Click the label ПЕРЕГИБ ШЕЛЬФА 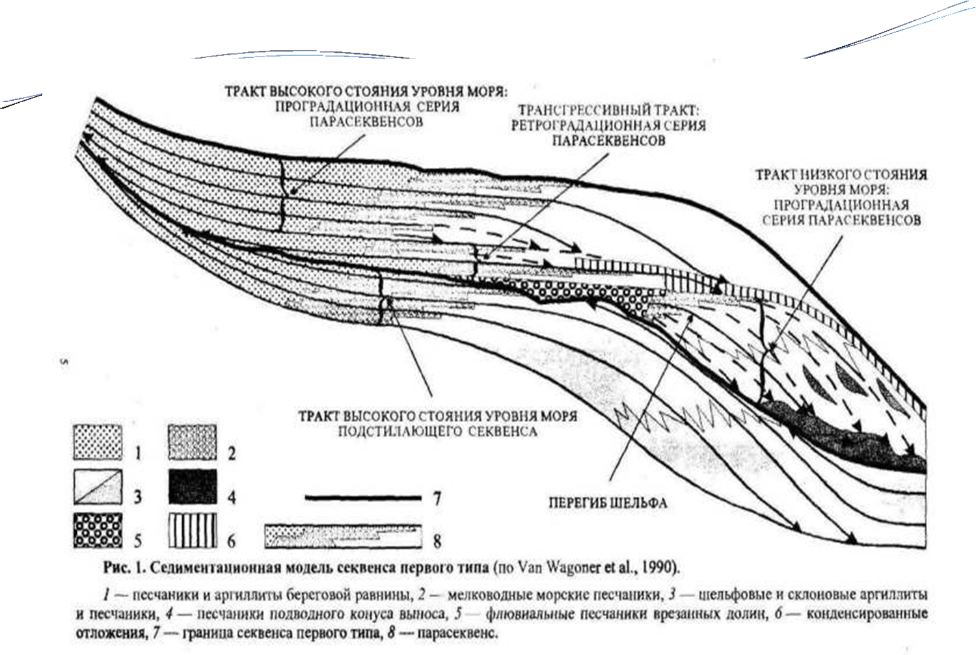click(x=608, y=503)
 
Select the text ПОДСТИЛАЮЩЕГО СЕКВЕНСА click(x=437, y=432)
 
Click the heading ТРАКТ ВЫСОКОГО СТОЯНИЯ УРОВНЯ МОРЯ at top click(x=366, y=91)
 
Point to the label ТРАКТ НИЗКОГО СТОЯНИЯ click(x=841, y=176)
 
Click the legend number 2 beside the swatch click(x=232, y=453)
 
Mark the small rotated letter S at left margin click(x=64, y=363)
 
